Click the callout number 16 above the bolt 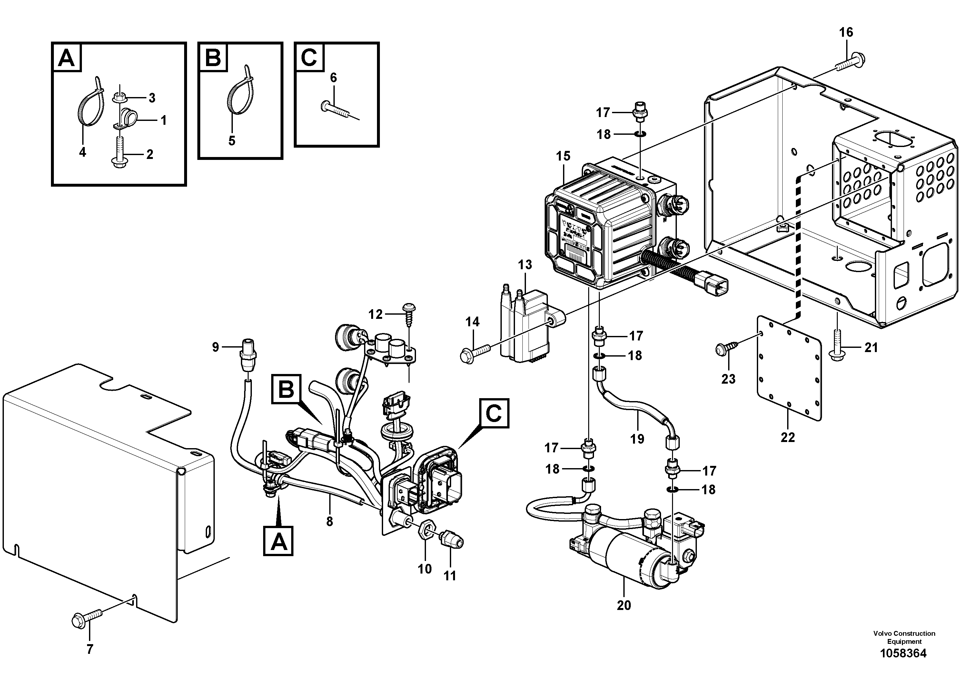point(846,33)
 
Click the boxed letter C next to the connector point(493,414)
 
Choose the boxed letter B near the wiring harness point(286,389)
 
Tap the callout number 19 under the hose point(637,438)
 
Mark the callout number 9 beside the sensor point(215,347)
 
